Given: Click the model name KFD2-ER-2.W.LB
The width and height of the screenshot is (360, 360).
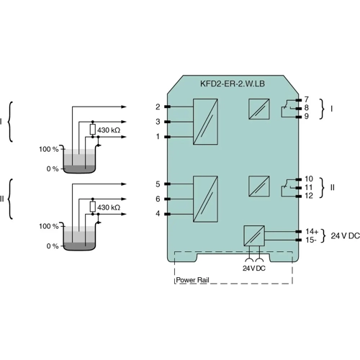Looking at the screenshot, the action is coord(233,84).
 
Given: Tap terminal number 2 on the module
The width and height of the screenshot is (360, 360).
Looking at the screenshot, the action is coord(158,107).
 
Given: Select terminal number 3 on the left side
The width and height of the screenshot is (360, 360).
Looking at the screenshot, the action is coord(158,122).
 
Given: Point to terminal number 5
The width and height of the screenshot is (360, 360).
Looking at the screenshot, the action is coord(158,184).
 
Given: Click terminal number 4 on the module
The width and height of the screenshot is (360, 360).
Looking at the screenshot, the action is coord(158,213).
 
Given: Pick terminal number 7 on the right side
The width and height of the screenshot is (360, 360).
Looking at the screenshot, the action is coord(306,99).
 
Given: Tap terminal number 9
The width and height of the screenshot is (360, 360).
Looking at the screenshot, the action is coord(306,116).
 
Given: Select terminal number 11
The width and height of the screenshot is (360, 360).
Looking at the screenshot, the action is coord(309,187).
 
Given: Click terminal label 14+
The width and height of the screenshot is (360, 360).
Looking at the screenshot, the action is coord(312,231).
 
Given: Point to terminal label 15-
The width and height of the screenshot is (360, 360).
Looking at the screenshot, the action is coord(311,240).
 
